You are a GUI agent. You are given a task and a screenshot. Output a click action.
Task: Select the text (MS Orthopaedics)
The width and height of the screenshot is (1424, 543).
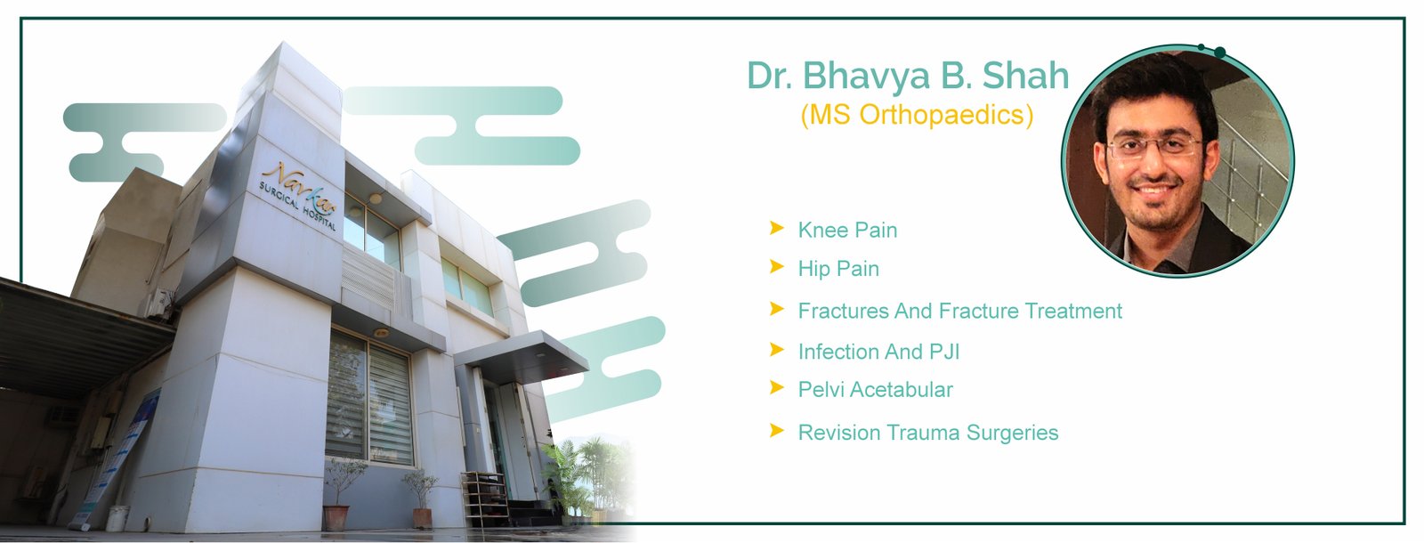[x=917, y=115]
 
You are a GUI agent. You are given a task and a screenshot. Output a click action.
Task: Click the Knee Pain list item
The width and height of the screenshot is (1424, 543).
[x=847, y=231]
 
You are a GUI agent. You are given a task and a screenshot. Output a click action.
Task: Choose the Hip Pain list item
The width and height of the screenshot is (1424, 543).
[x=838, y=269]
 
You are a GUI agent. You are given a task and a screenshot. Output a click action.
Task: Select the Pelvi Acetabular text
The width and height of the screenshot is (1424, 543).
[x=876, y=390]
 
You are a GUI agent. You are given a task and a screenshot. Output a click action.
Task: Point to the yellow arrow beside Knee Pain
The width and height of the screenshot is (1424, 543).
[x=776, y=228]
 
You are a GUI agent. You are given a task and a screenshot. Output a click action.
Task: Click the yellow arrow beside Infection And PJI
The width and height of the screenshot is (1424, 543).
[x=776, y=350]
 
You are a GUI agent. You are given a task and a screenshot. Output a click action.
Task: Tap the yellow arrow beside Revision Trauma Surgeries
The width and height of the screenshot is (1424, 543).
[x=776, y=431]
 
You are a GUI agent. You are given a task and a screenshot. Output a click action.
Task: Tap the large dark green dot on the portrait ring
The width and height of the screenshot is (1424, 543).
[x=1219, y=53]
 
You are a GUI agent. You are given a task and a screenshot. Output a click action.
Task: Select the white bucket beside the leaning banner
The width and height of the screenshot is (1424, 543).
[x=117, y=518]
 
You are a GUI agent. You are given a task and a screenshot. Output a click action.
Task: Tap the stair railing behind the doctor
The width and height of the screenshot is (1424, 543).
[x=1246, y=172]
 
